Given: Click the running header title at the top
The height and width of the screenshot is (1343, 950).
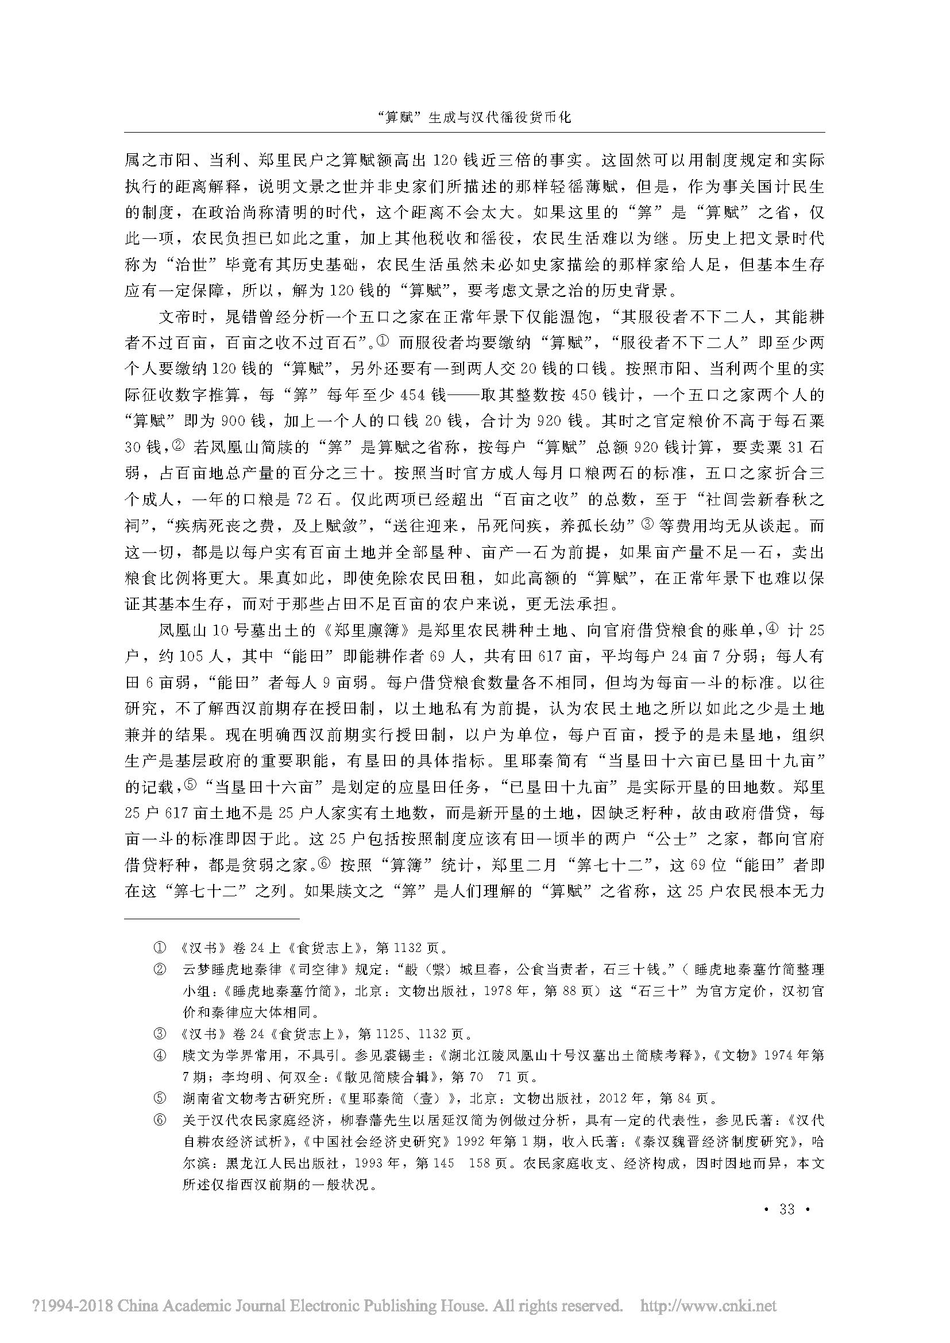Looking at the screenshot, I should tap(474, 117).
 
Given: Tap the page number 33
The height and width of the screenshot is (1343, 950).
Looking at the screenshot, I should tap(787, 1209).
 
